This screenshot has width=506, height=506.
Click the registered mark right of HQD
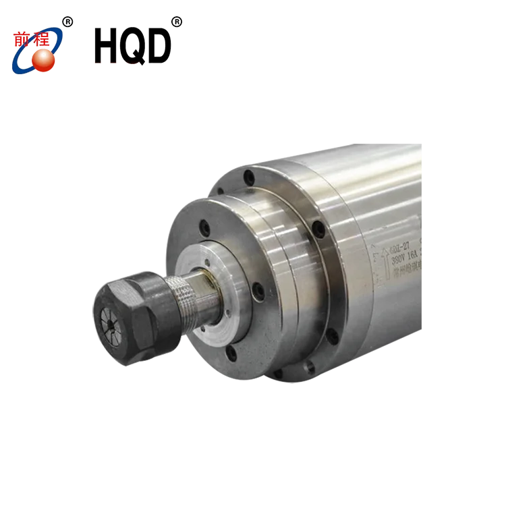pos(177,22)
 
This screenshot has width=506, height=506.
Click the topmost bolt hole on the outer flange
pos(250,176)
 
